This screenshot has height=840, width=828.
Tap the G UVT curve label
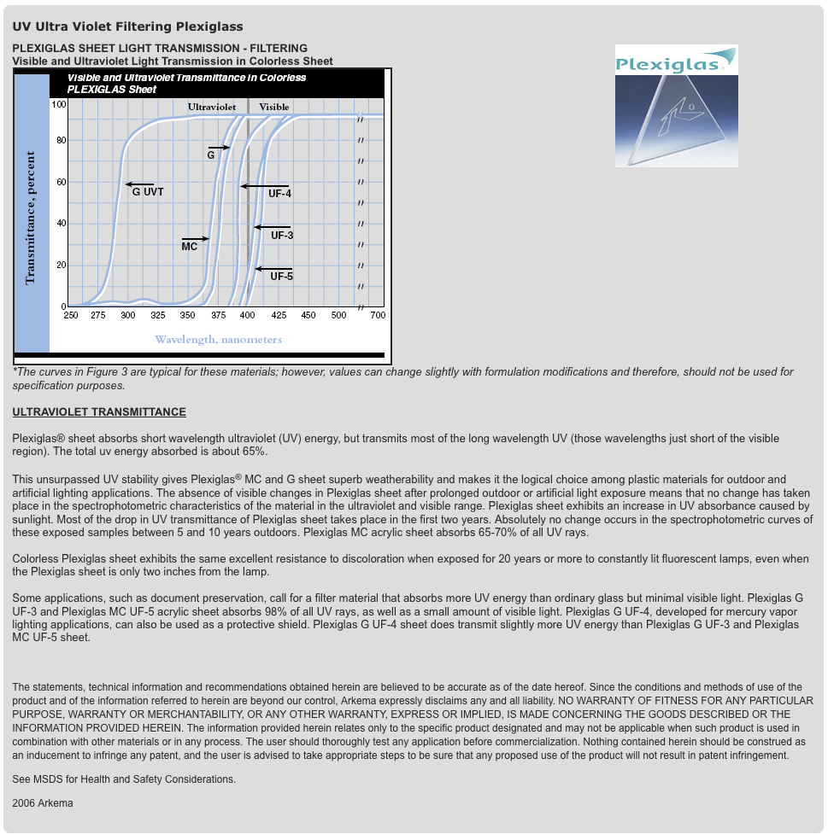coord(148,192)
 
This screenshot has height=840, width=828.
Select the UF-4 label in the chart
coord(279,194)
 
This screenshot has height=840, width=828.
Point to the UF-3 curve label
coord(282,235)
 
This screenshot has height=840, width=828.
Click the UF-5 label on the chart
coord(281,276)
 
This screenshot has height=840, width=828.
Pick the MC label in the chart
coord(190,247)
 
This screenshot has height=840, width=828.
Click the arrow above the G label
coord(219,148)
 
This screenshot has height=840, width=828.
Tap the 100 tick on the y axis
coord(58,104)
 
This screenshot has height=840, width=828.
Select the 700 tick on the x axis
coord(378,316)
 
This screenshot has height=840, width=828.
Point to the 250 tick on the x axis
coord(71,316)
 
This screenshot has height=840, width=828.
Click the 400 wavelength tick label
coord(247,316)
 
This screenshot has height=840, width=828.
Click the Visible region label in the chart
coord(273,107)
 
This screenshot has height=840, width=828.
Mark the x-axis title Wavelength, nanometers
coord(218,340)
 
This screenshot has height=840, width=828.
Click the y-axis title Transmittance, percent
coord(31,218)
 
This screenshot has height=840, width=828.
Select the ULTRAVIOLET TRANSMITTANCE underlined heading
coord(99,412)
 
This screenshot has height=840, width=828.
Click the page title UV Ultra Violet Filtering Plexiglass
coord(127,26)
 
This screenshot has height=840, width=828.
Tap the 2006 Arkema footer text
coord(43,803)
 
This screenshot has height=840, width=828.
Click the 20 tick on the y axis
coord(61,265)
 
